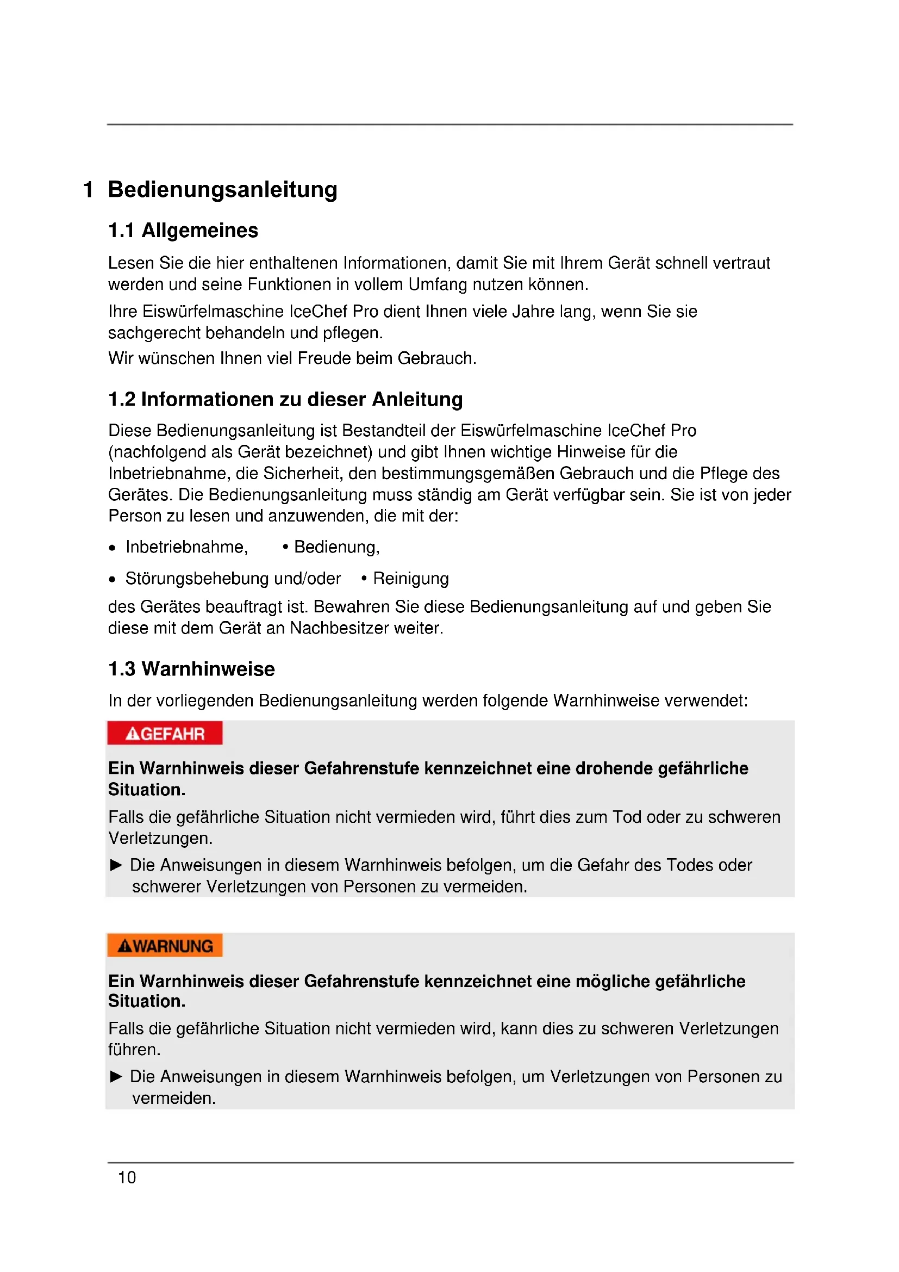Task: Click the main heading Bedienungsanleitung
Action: pyautogui.click(x=222, y=189)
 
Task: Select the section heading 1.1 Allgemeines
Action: pyautogui.click(x=183, y=231)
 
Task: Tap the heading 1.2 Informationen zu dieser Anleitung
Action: pyautogui.click(x=286, y=400)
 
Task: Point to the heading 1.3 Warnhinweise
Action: pyautogui.click(x=191, y=669)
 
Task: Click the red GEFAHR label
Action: pyautogui.click(x=165, y=734)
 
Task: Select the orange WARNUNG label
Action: pyautogui.click(x=165, y=946)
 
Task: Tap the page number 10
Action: pyautogui.click(x=127, y=1177)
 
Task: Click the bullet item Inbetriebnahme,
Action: pyautogui.click(x=186, y=548)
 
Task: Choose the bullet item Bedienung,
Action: pyautogui.click(x=336, y=548)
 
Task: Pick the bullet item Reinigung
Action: pyautogui.click(x=411, y=579)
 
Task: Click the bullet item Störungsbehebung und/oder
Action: pyautogui.click(x=233, y=579)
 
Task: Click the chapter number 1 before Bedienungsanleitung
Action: pyautogui.click(x=88, y=189)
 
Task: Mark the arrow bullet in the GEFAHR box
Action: pyautogui.click(x=116, y=865)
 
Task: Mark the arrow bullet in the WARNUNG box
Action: pyautogui.click(x=116, y=1076)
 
